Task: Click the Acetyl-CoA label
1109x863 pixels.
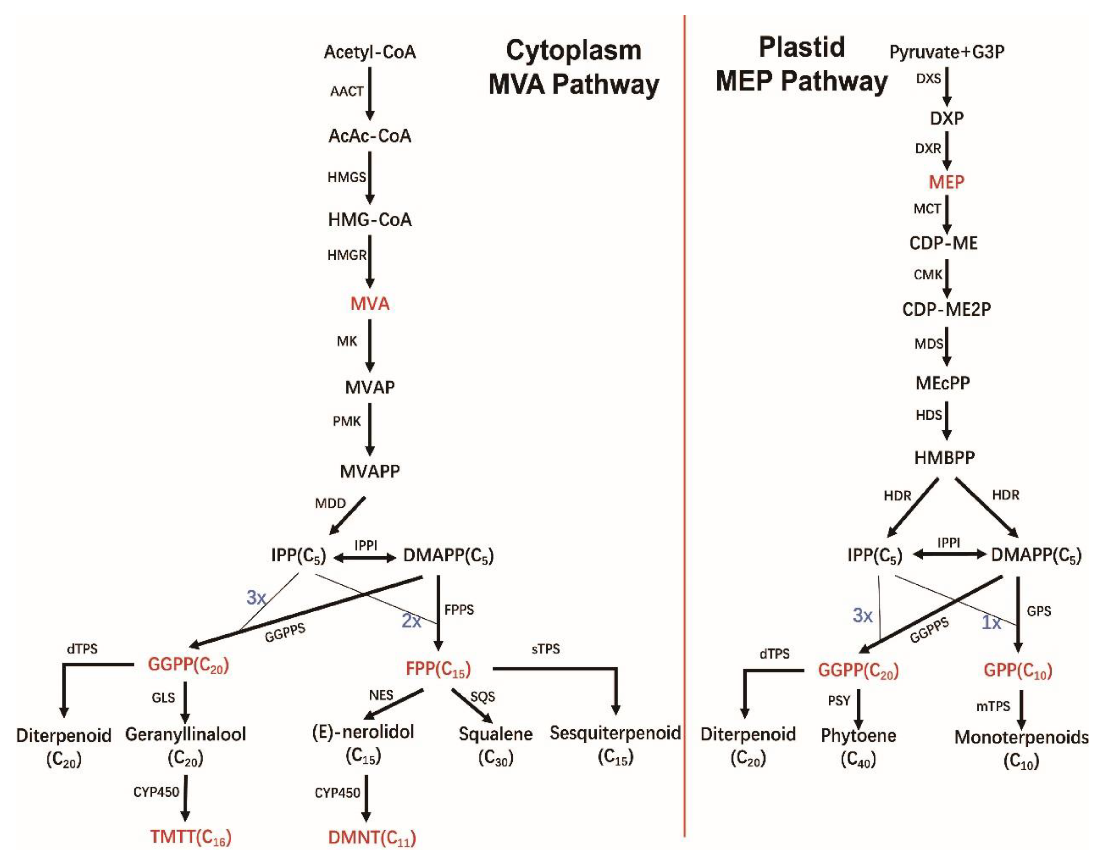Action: point(370,52)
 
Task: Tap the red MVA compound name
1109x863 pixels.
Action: point(370,304)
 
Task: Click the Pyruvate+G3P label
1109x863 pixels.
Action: point(947,52)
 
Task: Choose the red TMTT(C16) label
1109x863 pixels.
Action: point(190,837)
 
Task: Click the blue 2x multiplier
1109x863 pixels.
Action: point(411,620)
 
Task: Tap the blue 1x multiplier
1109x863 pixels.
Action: point(991,622)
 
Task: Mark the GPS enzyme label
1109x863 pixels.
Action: point(1039,611)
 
